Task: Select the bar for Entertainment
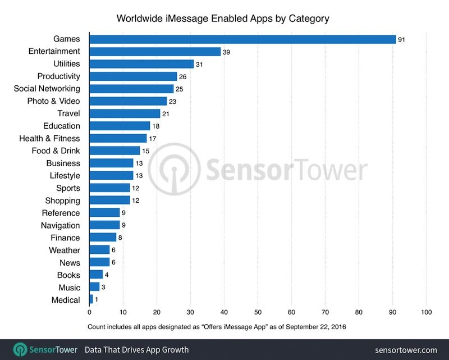coord(155,52)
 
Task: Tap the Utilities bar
coord(141,64)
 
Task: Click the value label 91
coord(402,39)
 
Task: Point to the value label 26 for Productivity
coord(183,76)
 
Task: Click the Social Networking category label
coord(47,89)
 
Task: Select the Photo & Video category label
coord(53,101)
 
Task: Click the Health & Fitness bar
coord(118,138)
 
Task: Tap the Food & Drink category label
coord(56,151)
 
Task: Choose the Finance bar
coord(103,238)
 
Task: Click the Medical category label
coord(66,300)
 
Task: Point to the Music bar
coord(94,287)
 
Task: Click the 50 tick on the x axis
coord(258,312)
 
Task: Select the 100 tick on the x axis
coord(426,312)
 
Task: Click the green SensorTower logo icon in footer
coord(21,349)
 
